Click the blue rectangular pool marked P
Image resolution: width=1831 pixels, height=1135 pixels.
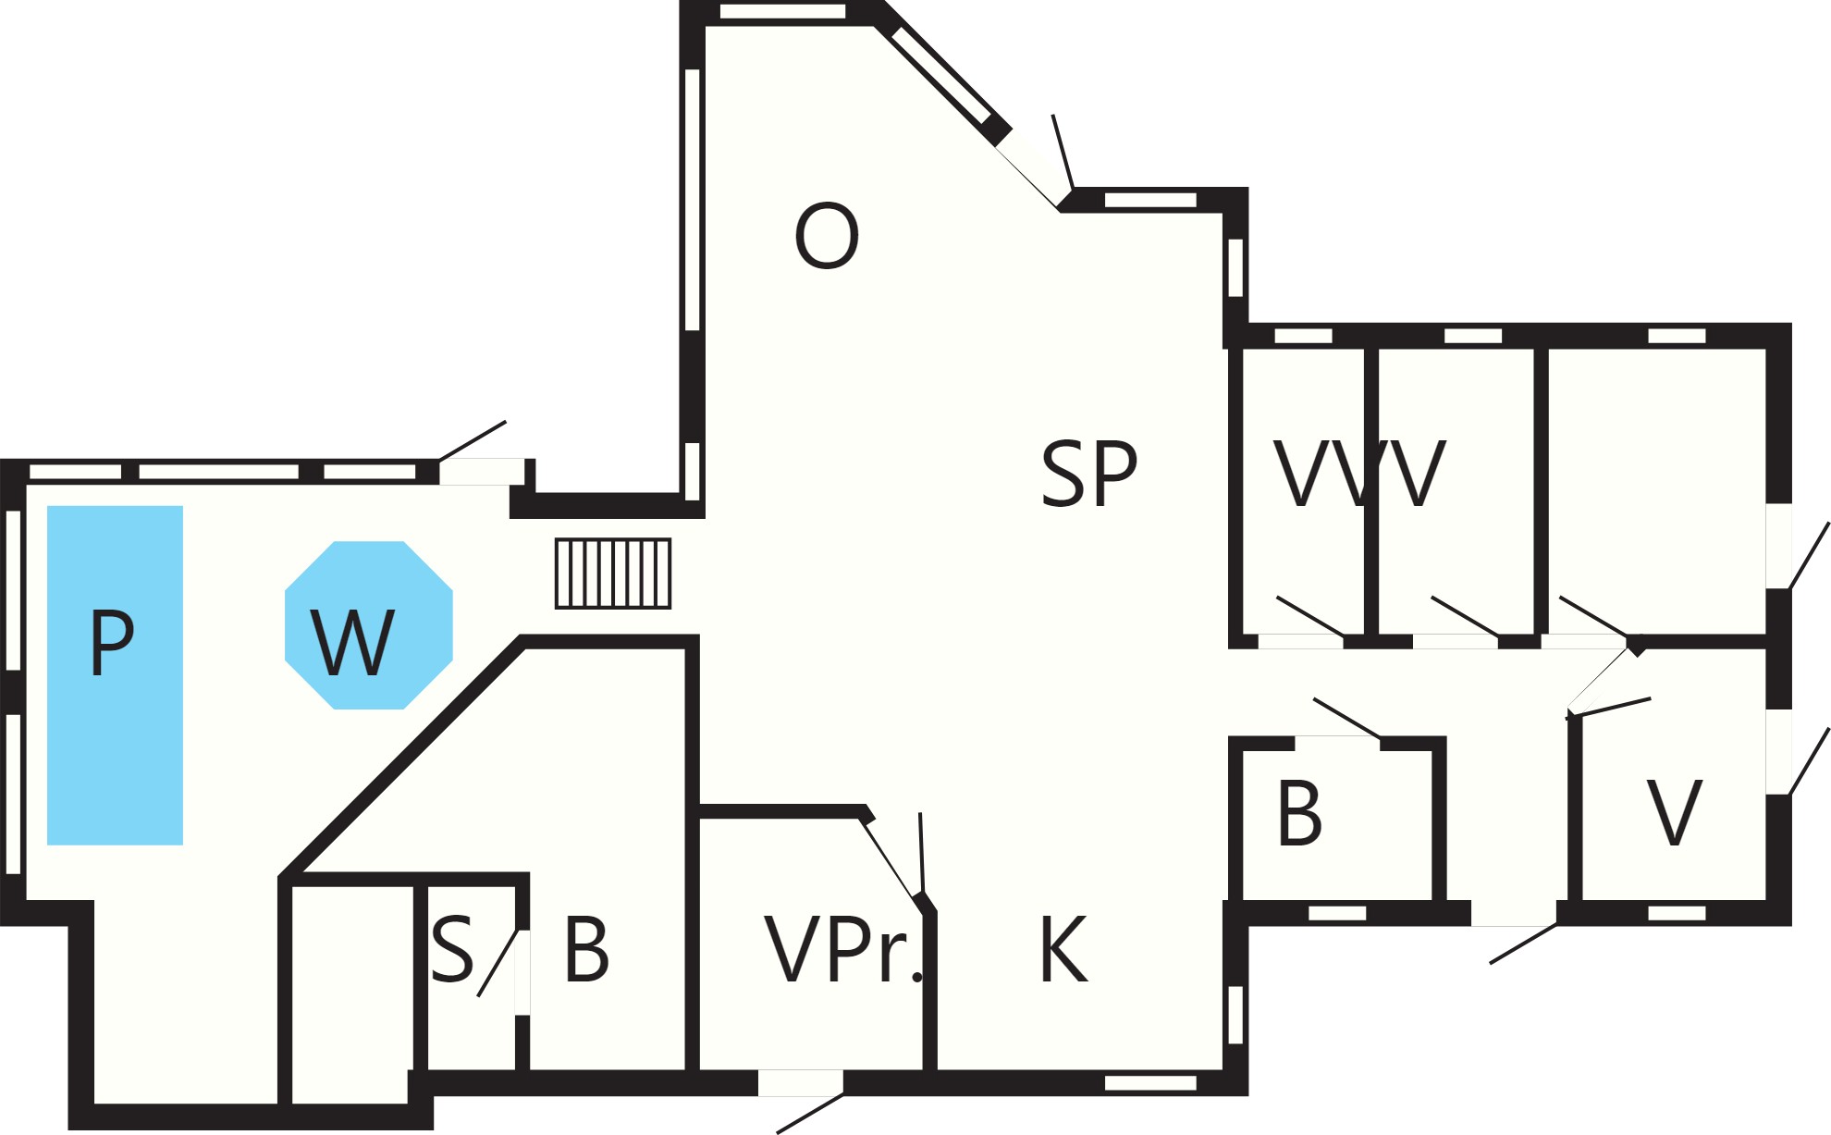pos(115,674)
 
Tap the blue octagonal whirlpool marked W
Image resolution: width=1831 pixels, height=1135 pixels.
pos(368,624)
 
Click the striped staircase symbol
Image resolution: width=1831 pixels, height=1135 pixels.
pos(613,574)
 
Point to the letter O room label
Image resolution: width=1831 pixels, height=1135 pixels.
pos(827,236)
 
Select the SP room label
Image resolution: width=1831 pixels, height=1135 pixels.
pos(1088,474)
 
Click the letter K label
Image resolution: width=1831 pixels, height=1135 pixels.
pos(1063,949)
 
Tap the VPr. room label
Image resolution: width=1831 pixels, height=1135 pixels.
pos(843,950)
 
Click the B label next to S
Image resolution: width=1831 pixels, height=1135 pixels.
pos(586,949)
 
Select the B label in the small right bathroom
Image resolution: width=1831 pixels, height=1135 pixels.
pos(1299,813)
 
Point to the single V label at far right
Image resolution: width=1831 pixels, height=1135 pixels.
pos(1675,813)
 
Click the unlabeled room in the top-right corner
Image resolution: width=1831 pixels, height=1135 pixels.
pos(1657,491)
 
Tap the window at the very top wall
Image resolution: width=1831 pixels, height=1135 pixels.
pos(782,11)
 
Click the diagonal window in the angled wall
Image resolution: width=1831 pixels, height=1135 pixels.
pos(940,76)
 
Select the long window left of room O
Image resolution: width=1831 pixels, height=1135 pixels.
pos(693,200)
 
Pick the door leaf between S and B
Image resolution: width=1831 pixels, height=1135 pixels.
pos(498,962)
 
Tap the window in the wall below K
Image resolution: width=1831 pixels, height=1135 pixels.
pos(1151,1083)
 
